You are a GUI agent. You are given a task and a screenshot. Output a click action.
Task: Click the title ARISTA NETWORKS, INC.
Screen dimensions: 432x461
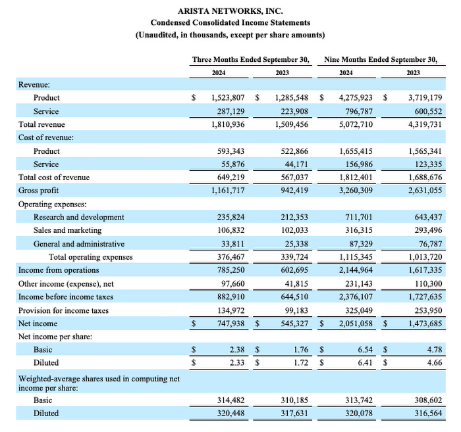[230, 11]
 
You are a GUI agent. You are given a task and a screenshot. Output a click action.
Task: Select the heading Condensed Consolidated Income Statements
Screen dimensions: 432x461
[230, 23]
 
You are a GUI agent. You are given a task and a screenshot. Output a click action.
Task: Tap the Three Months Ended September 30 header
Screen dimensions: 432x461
[251, 59]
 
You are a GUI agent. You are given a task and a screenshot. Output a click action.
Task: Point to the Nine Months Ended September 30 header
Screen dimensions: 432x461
[381, 59]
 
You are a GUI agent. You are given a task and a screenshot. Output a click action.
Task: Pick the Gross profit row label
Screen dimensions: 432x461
[39, 190]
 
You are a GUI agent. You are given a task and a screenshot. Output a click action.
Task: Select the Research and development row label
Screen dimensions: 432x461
[79, 217]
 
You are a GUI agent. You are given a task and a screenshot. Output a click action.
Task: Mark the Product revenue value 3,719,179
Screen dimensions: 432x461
[425, 97]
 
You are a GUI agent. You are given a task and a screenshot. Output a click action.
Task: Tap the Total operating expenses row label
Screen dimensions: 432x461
[91, 256]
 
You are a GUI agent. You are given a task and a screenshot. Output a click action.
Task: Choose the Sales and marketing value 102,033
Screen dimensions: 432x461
[293, 230]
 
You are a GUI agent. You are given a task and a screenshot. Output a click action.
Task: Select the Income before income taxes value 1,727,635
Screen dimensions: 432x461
[425, 297]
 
